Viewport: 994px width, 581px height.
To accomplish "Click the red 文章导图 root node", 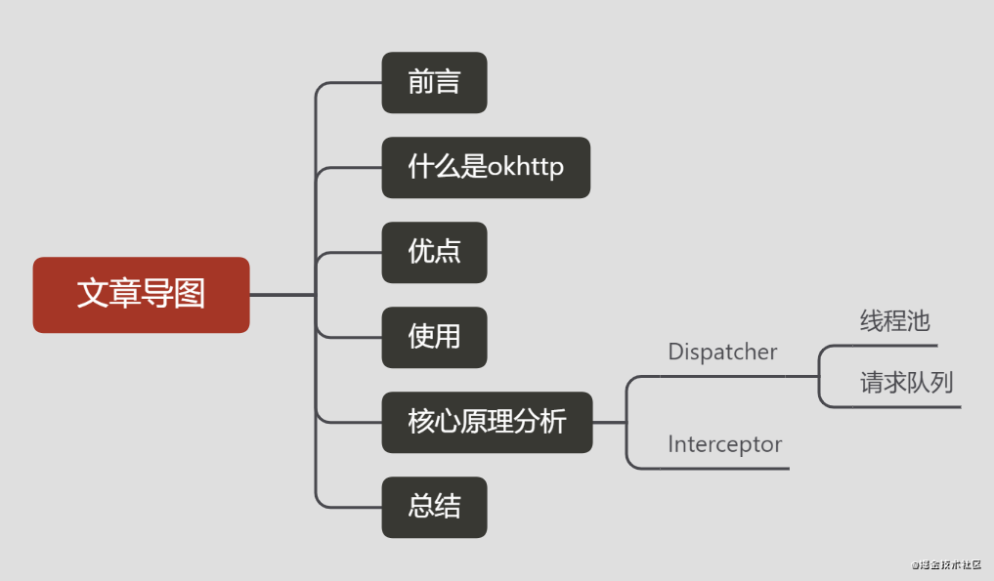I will click(x=141, y=295).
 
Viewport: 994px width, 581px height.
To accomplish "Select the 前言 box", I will click(x=434, y=83).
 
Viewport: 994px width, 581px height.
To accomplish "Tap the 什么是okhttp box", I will click(x=486, y=168).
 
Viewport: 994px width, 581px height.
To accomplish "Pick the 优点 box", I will click(x=434, y=253).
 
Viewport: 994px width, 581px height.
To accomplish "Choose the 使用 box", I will click(x=434, y=337).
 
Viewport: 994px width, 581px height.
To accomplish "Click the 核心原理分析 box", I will click(x=487, y=422).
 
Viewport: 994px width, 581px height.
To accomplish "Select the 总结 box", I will click(x=434, y=507).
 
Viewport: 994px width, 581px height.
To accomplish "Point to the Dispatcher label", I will click(x=722, y=353).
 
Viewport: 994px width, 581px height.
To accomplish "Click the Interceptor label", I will click(x=724, y=445).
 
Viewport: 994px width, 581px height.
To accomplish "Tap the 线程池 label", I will click(x=894, y=321).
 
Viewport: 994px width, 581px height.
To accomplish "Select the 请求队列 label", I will click(x=906, y=382).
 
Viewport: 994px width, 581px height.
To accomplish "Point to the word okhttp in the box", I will click(x=526, y=168).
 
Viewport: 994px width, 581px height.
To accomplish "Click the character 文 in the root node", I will click(x=93, y=295).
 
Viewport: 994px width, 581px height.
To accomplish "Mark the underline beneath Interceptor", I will click(x=724, y=469).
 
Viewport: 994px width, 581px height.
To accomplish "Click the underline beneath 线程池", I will click(x=894, y=345).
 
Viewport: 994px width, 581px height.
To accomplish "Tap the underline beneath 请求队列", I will click(x=906, y=406).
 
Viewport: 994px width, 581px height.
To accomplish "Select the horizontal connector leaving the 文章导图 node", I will click(x=281, y=294).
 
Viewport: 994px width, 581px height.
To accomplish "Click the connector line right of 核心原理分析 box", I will click(x=608, y=422).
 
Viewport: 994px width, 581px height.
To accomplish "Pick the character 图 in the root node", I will click(x=190, y=295).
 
